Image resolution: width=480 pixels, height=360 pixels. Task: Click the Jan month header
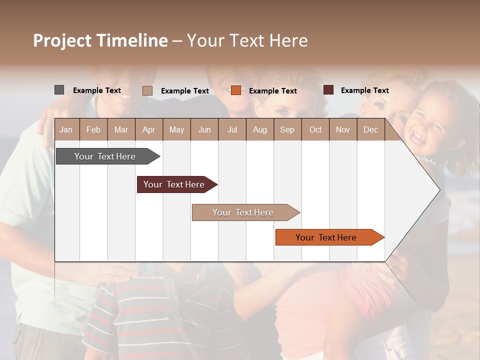tap(66, 129)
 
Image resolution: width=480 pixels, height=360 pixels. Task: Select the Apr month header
tap(148, 129)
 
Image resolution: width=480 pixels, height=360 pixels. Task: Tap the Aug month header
tap(259, 129)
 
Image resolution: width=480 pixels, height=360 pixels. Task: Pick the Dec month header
tap(370, 129)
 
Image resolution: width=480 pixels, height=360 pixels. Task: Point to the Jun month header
tap(204, 129)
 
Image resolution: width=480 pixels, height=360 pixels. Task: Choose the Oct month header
tap(315, 129)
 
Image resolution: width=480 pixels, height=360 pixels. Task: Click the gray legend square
tap(59, 90)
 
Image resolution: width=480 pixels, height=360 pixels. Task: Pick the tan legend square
tap(147, 90)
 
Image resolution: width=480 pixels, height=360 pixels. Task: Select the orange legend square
tap(236, 90)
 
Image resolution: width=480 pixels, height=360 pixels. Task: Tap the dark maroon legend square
tap(328, 90)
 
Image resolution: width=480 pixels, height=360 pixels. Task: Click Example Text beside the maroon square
tap(364, 90)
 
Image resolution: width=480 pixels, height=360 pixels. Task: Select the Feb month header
tap(93, 129)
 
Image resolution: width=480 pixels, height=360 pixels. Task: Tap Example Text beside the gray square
tap(97, 90)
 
